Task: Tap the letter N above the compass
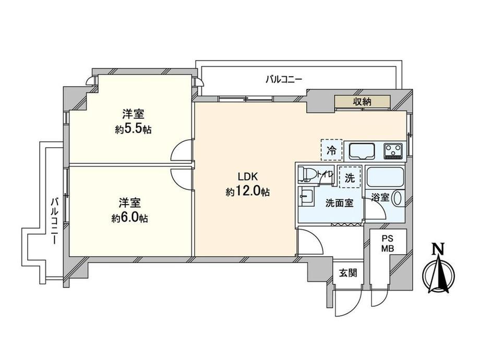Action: pos(440,249)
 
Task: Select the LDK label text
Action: pos(248,176)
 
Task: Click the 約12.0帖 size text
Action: pos(248,192)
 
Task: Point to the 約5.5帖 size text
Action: pos(133,130)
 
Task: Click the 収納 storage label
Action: pos(362,102)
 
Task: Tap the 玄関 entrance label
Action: pos(346,272)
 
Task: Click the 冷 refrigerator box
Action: pos(331,150)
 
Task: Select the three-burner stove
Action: pos(394,151)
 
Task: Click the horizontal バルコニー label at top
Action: pos(284,79)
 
